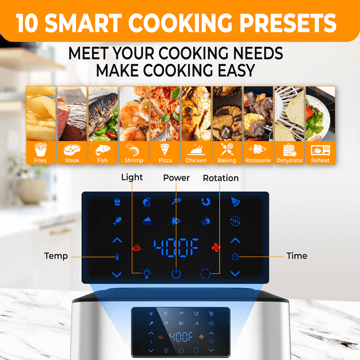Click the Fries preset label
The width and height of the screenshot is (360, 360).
(41, 160)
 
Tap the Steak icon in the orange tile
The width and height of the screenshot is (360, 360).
(72, 150)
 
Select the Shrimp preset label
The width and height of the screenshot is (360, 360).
(134, 160)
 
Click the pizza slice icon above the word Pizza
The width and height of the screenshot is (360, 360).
(165, 149)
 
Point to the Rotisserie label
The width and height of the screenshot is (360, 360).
(258, 160)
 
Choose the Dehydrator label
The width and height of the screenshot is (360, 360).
(290, 161)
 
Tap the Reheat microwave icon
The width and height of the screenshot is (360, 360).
(320, 151)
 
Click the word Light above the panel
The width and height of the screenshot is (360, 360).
(132, 177)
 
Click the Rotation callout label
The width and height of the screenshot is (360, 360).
(221, 178)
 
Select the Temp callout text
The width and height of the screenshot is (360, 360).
(56, 256)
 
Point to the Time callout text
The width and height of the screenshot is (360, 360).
(297, 256)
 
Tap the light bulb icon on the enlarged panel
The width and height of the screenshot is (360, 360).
(146, 274)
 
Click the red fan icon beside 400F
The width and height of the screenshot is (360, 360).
(216, 247)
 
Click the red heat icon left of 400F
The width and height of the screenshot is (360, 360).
(136, 248)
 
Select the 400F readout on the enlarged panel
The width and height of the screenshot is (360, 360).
(176, 248)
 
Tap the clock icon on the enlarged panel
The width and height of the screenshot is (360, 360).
(235, 257)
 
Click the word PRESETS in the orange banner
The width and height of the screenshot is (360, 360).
(288, 23)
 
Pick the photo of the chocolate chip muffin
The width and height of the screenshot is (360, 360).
(227, 114)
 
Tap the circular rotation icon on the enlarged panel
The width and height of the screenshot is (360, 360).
(205, 274)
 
